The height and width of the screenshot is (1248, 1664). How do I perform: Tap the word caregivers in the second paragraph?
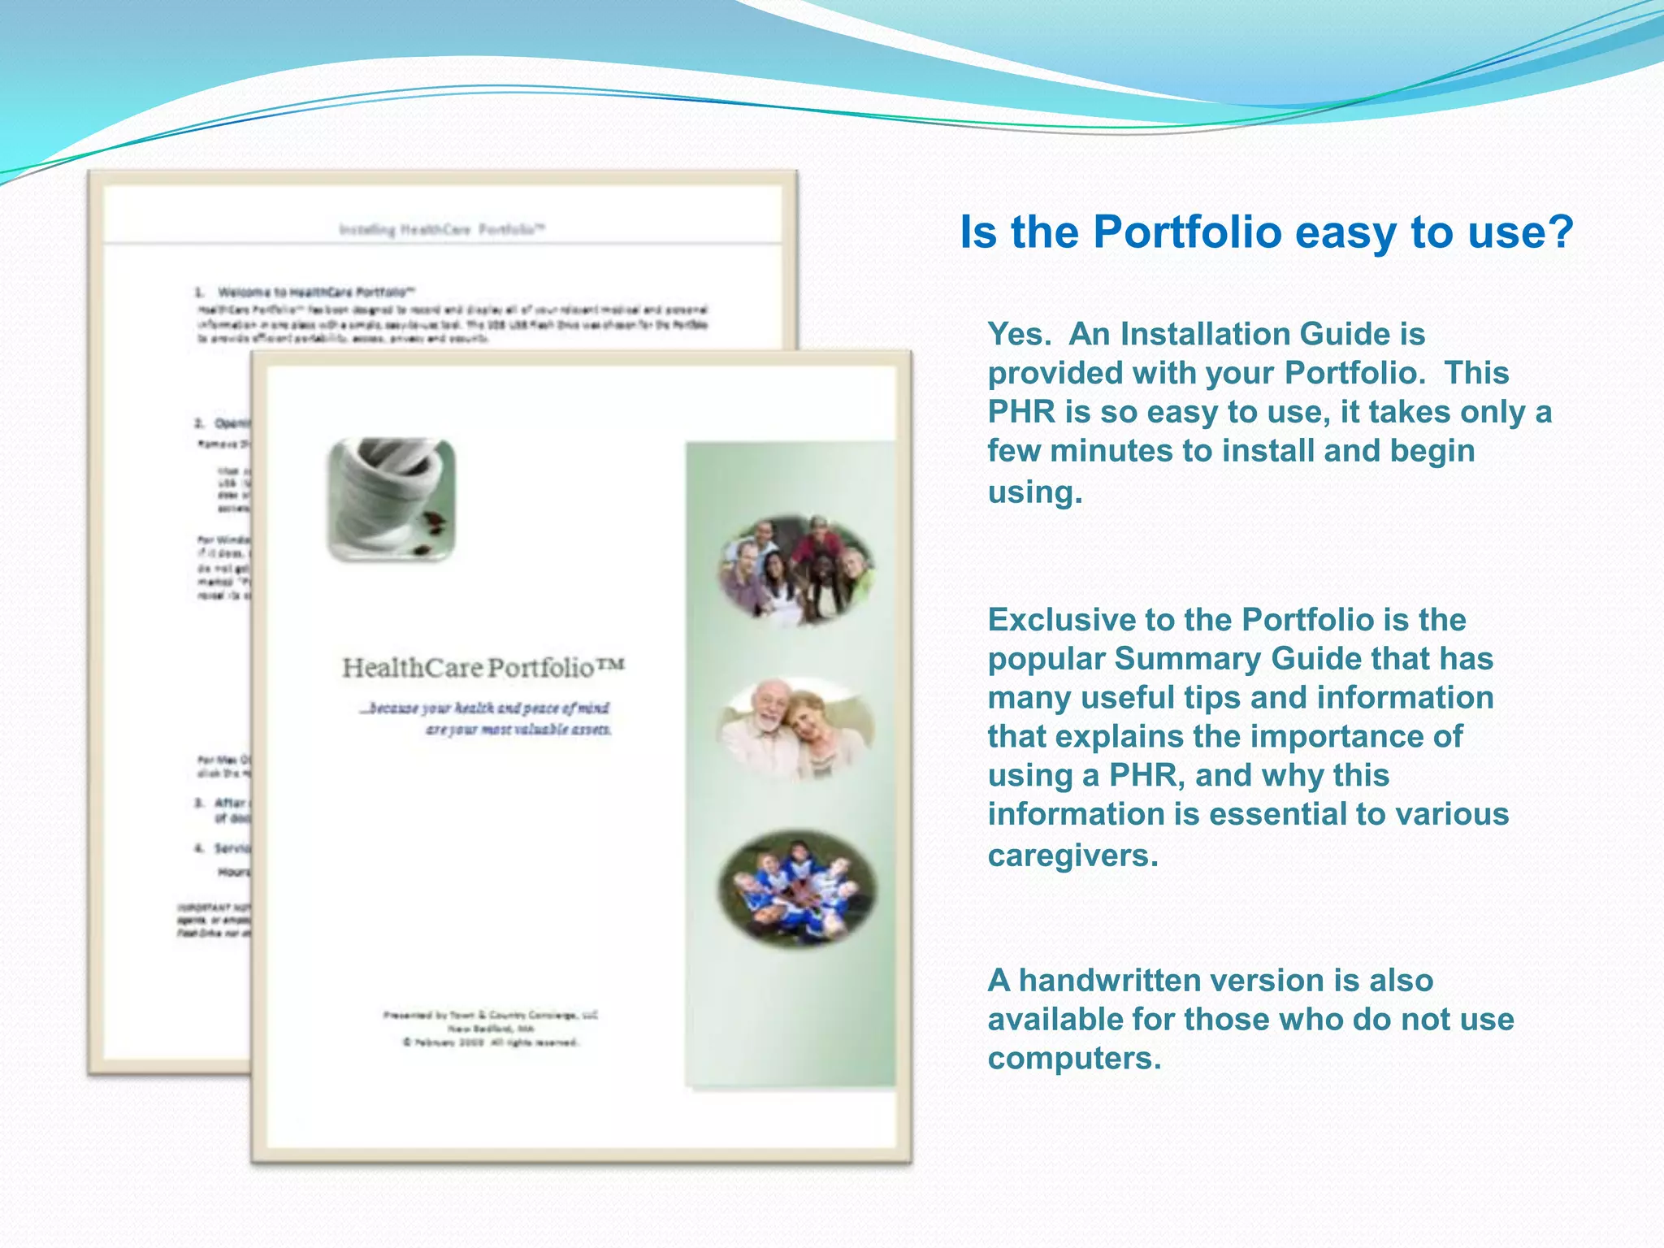1072,856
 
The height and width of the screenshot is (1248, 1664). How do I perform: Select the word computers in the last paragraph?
1074,1059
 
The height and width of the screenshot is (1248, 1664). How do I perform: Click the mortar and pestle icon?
391,499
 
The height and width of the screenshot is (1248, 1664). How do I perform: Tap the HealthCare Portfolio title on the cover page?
483,668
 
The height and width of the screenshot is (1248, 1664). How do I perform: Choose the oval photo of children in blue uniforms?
797,888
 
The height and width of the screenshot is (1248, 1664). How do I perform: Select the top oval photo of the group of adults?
795,570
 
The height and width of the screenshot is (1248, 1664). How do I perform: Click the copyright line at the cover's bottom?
491,1042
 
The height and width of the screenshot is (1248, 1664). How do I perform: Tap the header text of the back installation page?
442,230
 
